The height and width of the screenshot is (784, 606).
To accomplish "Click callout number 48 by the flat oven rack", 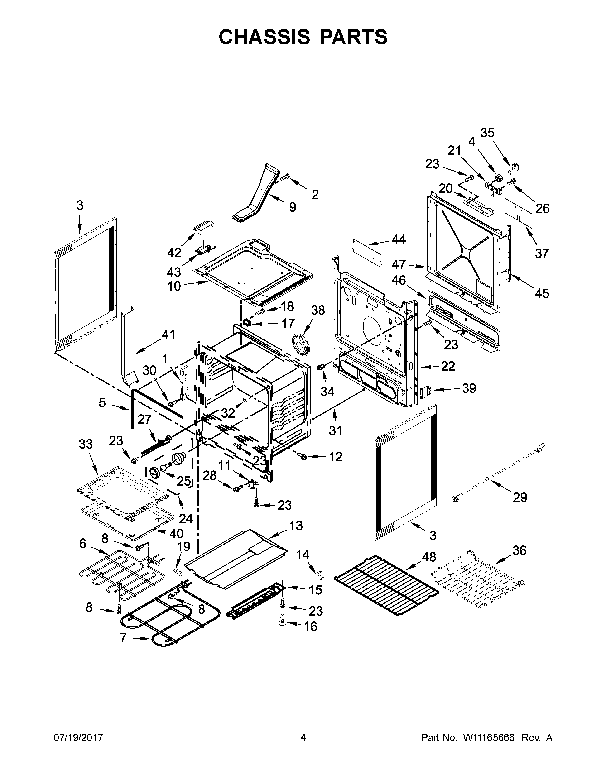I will (429, 557).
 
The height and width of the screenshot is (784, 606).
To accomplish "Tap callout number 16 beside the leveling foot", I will (311, 626).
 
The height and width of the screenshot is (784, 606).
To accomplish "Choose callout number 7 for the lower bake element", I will (123, 638).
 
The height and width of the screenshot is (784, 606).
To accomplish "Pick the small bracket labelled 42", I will (204, 226).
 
